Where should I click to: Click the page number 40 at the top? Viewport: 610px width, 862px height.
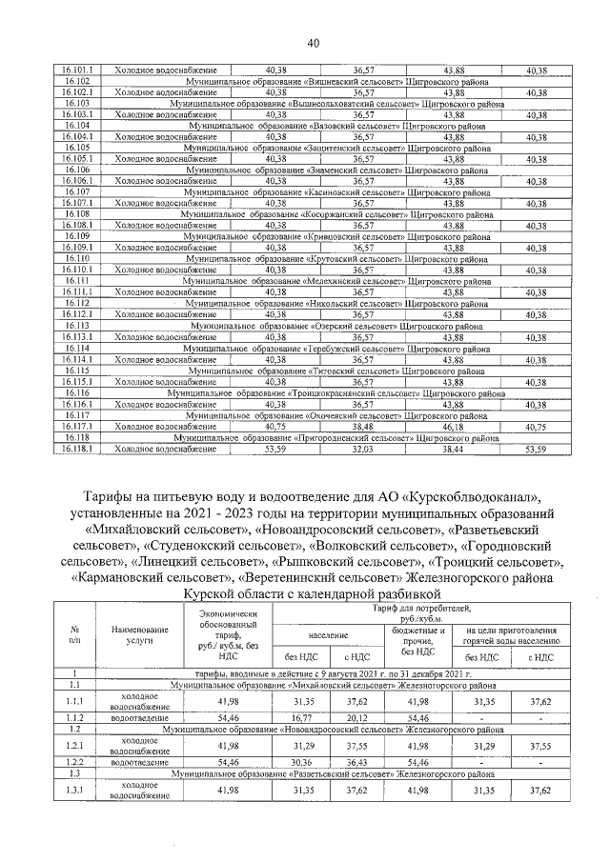pyautogui.click(x=313, y=44)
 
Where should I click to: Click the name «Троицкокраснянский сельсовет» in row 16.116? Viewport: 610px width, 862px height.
pyautogui.click(x=352, y=394)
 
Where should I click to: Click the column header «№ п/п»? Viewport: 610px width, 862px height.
pyautogui.click(x=74, y=633)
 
